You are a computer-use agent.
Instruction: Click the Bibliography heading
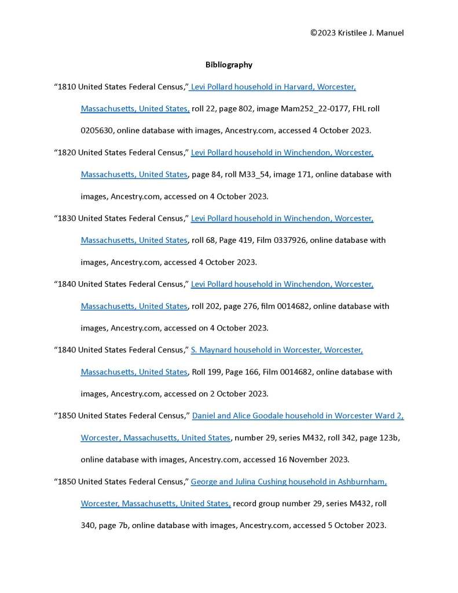tap(229, 65)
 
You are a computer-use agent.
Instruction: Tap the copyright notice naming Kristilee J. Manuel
tap(357, 32)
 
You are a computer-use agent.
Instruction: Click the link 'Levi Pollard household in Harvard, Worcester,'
tap(273, 87)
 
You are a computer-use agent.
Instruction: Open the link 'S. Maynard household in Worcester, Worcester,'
tap(277, 350)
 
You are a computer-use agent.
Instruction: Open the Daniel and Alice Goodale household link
tap(298, 416)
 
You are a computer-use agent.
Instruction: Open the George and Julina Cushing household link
tap(288, 482)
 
